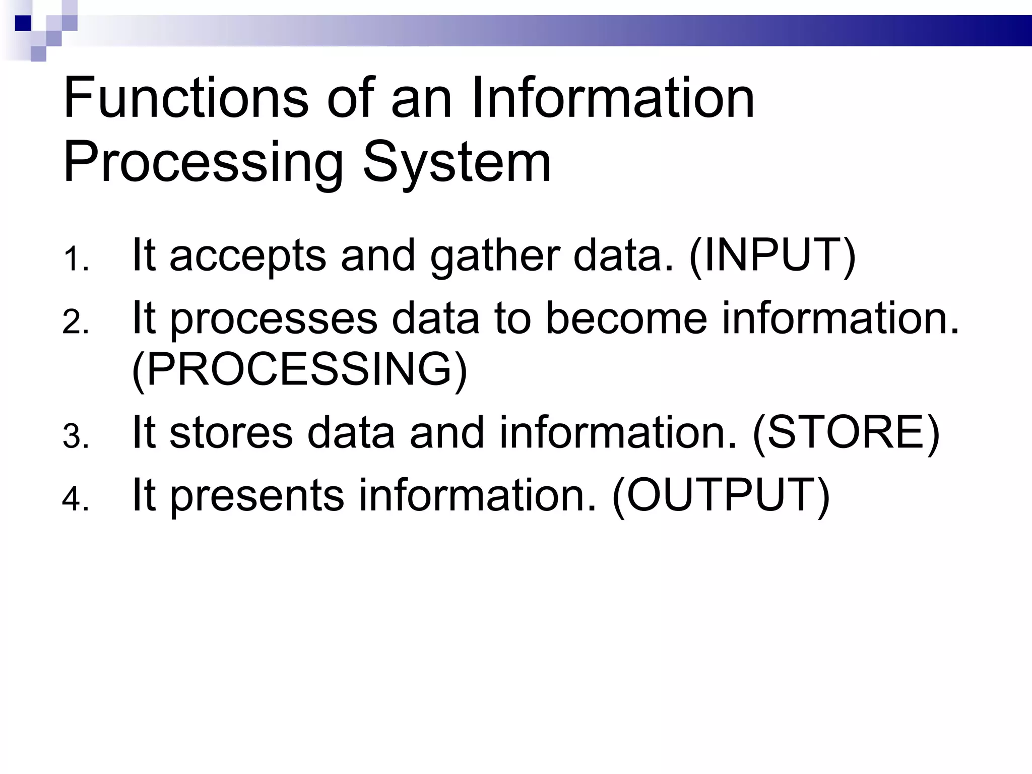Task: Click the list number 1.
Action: pos(76,260)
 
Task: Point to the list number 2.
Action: pos(76,322)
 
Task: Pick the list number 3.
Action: pos(76,437)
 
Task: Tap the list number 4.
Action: pos(76,499)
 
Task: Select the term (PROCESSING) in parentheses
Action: pos(299,369)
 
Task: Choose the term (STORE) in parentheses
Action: pos(846,432)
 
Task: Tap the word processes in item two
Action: pos(274,319)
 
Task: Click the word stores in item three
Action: pos(231,432)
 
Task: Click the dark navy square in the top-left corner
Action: pos(23,23)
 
